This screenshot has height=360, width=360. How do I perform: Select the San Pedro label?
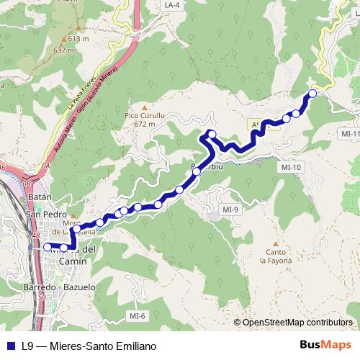(46, 214)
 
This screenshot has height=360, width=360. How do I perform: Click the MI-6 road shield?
(138, 316)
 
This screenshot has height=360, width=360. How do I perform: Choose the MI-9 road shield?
(230, 210)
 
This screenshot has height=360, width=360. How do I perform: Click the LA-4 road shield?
(171, 5)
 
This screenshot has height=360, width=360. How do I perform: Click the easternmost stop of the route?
(313, 93)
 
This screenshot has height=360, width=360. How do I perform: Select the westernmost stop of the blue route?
(48, 247)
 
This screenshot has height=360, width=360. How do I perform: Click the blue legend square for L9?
(9, 346)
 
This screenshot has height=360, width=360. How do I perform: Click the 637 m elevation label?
(64, 50)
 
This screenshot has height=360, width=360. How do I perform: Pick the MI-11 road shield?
(351, 134)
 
